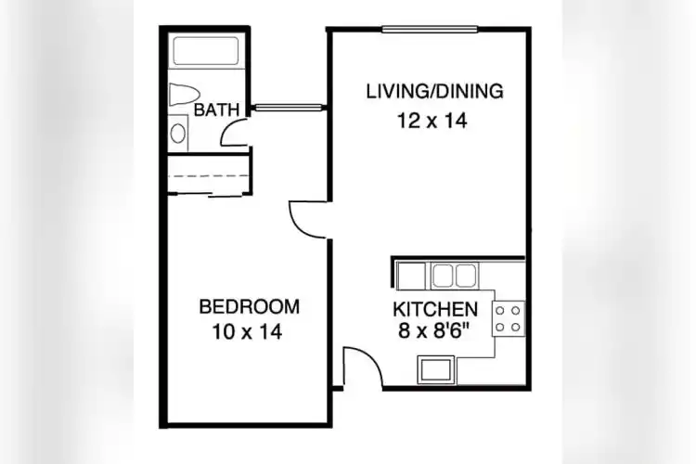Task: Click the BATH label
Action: pos(217,110)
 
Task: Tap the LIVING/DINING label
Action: pos(434,91)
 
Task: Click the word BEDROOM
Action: pos(250,306)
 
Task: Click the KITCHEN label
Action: pos(436,309)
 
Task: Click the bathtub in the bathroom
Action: pos(208,54)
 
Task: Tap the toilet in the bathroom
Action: pos(182,95)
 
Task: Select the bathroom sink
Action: pos(178,132)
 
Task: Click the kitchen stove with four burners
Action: pos(508,318)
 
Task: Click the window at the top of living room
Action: pos(430,29)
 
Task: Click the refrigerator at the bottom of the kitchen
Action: pos(434,370)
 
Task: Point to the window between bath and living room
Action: pos(288,108)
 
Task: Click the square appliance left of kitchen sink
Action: pos(411,276)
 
